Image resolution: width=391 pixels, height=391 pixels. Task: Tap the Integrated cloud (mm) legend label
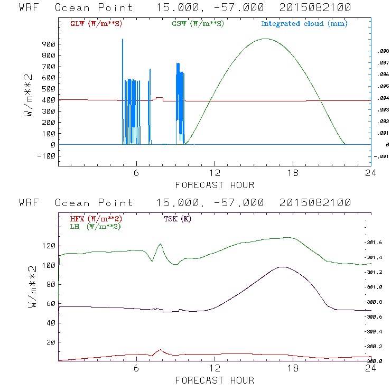(304, 24)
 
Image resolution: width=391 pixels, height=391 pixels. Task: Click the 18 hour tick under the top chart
(293, 173)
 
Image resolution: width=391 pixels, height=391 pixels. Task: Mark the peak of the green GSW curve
(265, 39)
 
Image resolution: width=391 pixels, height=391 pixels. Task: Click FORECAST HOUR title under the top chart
(215, 185)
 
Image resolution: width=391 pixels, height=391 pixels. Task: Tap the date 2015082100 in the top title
(312, 8)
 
